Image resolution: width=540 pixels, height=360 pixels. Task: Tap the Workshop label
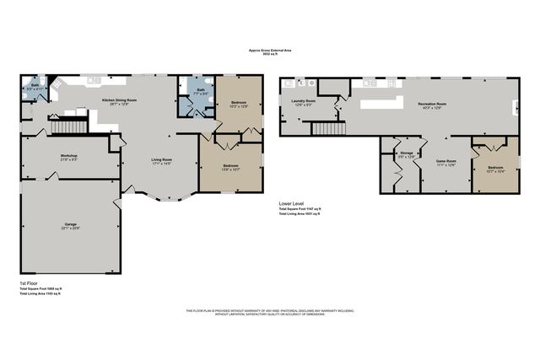pos(68,158)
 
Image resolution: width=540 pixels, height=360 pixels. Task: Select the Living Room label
pos(161,161)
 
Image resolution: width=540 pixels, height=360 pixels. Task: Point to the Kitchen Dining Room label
pos(119,100)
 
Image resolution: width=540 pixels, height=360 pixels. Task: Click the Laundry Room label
pos(305,102)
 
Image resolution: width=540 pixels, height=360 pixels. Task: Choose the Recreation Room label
pos(432,105)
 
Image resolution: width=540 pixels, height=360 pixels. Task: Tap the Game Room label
pos(445,162)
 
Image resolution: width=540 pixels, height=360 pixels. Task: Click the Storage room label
pos(407,154)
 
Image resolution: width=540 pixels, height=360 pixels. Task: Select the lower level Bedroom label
pos(494,169)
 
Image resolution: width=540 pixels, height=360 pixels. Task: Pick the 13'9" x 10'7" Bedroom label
pos(231,167)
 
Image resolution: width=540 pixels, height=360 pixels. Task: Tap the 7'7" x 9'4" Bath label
pos(201,92)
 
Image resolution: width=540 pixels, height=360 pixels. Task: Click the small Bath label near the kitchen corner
pos(35,86)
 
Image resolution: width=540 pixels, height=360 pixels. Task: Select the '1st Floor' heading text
pos(28,283)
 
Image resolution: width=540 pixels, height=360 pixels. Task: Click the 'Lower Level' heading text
pos(292,203)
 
